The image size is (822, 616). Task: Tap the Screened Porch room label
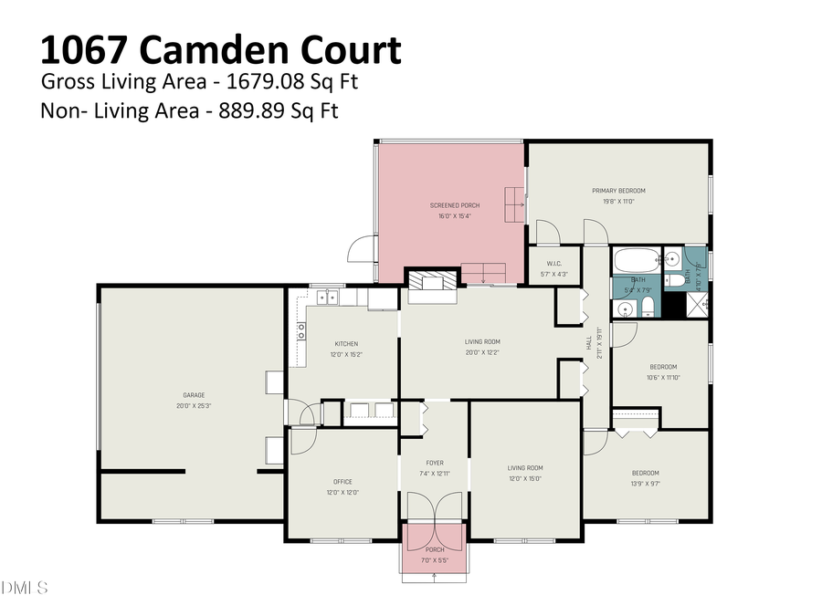455,205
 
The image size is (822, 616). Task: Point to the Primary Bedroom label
618,191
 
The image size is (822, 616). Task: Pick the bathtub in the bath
636,259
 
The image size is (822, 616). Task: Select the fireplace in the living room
430,282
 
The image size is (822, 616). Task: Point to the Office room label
342,482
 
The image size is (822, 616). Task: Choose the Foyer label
435,463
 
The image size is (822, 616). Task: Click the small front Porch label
435,549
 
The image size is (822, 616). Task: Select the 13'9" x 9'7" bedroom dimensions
646,484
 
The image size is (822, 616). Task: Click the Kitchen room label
344,343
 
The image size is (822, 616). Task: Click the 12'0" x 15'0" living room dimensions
525,479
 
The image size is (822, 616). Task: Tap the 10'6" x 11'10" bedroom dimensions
663,377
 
